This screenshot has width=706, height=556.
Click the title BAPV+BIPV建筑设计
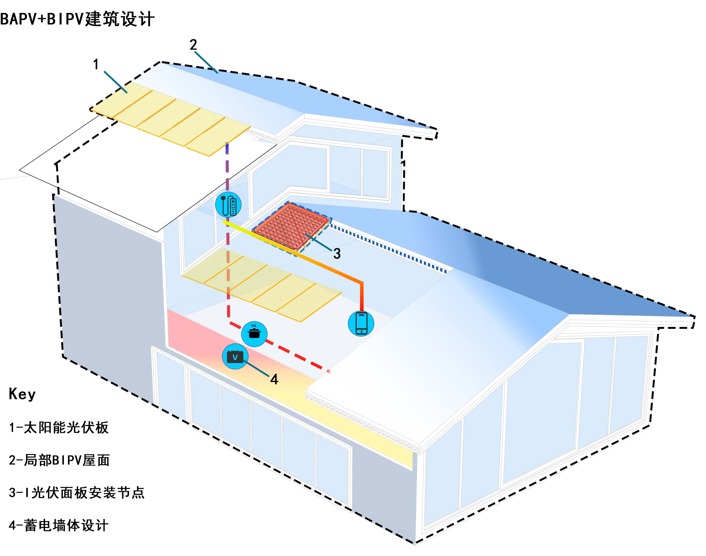[x=77, y=19]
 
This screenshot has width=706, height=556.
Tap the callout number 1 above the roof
[x=96, y=65]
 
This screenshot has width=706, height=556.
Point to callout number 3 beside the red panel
[x=337, y=253]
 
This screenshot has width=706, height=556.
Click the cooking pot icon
[x=254, y=334]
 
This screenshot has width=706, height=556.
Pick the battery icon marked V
[x=235, y=356]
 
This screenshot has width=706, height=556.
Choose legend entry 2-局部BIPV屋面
[x=59, y=460]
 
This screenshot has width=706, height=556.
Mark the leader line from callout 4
[x=257, y=369]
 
